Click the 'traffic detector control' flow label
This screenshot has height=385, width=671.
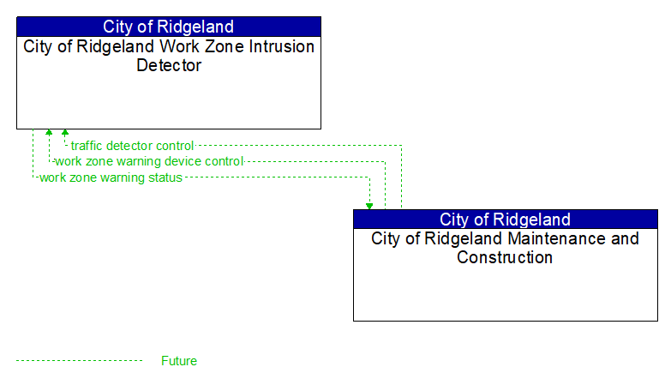[132, 146]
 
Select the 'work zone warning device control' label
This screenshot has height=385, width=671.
[149, 161]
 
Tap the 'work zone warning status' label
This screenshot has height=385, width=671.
[111, 177]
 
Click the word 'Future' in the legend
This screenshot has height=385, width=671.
[178, 361]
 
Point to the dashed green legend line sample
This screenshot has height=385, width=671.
[79, 361]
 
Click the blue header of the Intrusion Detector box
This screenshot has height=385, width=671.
[168, 27]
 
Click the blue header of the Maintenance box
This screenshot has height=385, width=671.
[505, 220]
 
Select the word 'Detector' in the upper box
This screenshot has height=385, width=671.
[169, 65]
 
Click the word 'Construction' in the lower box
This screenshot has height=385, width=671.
[505, 257]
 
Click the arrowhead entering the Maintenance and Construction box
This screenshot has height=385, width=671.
[369, 206]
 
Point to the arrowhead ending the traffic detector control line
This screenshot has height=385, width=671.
[65, 133]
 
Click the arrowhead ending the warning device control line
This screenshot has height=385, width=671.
[49, 133]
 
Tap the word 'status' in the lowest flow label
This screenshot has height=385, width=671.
[165, 177]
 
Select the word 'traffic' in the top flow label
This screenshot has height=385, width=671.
[87, 146]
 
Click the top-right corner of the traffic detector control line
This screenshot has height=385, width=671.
[401, 146]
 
